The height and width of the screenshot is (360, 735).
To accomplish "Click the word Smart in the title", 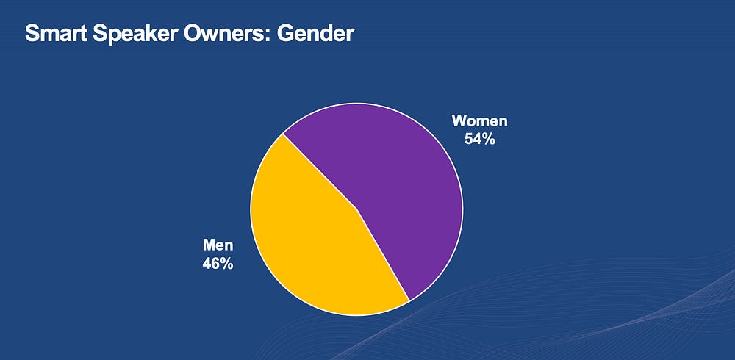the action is pyautogui.click(x=57, y=34).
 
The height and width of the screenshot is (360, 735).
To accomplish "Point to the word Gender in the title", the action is pyautogui.click(x=315, y=34).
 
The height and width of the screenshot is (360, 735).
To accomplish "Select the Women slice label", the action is pyautogui.click(x=479, y=121).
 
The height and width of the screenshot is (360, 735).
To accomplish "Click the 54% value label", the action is pyautogui.click(x=479, y=139).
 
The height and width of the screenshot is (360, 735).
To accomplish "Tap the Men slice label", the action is pyautogui.click(x=218, y=245).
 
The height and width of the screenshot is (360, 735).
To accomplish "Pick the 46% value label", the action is pyautogui.click(x=218, y=264).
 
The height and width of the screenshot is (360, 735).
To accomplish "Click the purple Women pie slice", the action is pyautogui.click(x=398, y=187).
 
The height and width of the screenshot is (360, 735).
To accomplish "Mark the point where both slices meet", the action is pyautogui.click(x=357, y=209).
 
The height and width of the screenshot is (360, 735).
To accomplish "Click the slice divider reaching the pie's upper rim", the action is pyautogui.click(x=320, y=172).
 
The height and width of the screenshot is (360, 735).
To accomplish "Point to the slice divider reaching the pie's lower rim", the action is pyautogui.click(x=384, y=255).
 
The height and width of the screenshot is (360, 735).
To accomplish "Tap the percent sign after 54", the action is pyautogui.click(x=490, y=139).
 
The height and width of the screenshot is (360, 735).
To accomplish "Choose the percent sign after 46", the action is pyautogui.click(x=227, y=264).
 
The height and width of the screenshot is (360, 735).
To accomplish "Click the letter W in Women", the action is pyautogui.click(x=459, y=121).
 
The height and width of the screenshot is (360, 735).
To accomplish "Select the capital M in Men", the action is pyautogui.click(x=209, y=245).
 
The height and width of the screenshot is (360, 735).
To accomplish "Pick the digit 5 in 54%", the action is pyautogui.click(x=469, y=139).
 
